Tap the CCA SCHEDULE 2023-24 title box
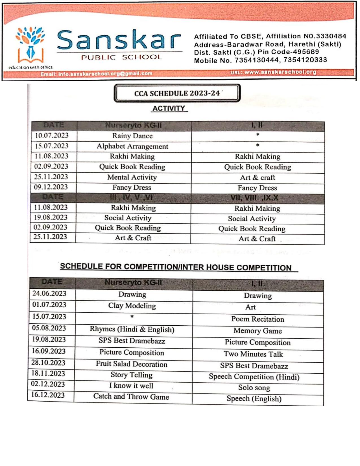[177, 93]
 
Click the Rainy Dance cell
[132, 136]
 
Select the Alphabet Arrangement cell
[132, 146]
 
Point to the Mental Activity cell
[132, 177]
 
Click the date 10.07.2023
[52, 136]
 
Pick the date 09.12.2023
[51, 187]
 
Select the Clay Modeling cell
[132, 306]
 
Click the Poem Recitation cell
[258, 319]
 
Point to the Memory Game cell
[258, 331]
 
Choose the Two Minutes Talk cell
[253, 354]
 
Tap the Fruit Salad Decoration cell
[132, 364]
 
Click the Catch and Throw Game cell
[131, 397]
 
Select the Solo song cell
[254, 388]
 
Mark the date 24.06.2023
[49, 293]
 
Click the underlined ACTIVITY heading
[169, 108]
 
